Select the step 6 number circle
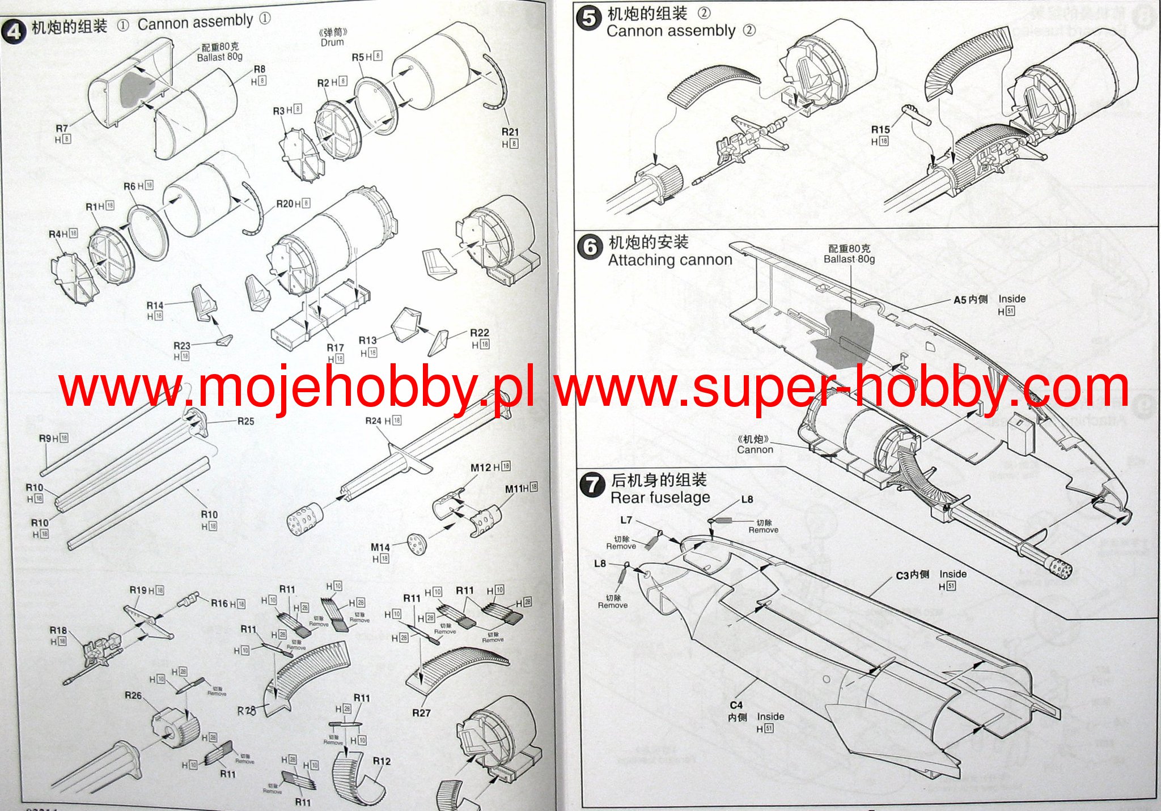tap(590, 248)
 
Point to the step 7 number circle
tap(592, 485)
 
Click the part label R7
tap(62, 129)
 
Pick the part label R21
tap(510, 132)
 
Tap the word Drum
tap(332, 43)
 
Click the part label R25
tap(245, 421)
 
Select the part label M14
tap(380, 547)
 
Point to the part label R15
tap(880, 130)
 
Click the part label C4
tap(736, 705)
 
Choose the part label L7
tap(626, 520)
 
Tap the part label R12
tap(382, 761)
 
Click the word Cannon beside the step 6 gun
tap(755, 450)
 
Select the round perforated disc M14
tap(417, 544)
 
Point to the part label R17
tap(335, 347)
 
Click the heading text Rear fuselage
tap(660, 498)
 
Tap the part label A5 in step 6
tap(960, 300)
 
